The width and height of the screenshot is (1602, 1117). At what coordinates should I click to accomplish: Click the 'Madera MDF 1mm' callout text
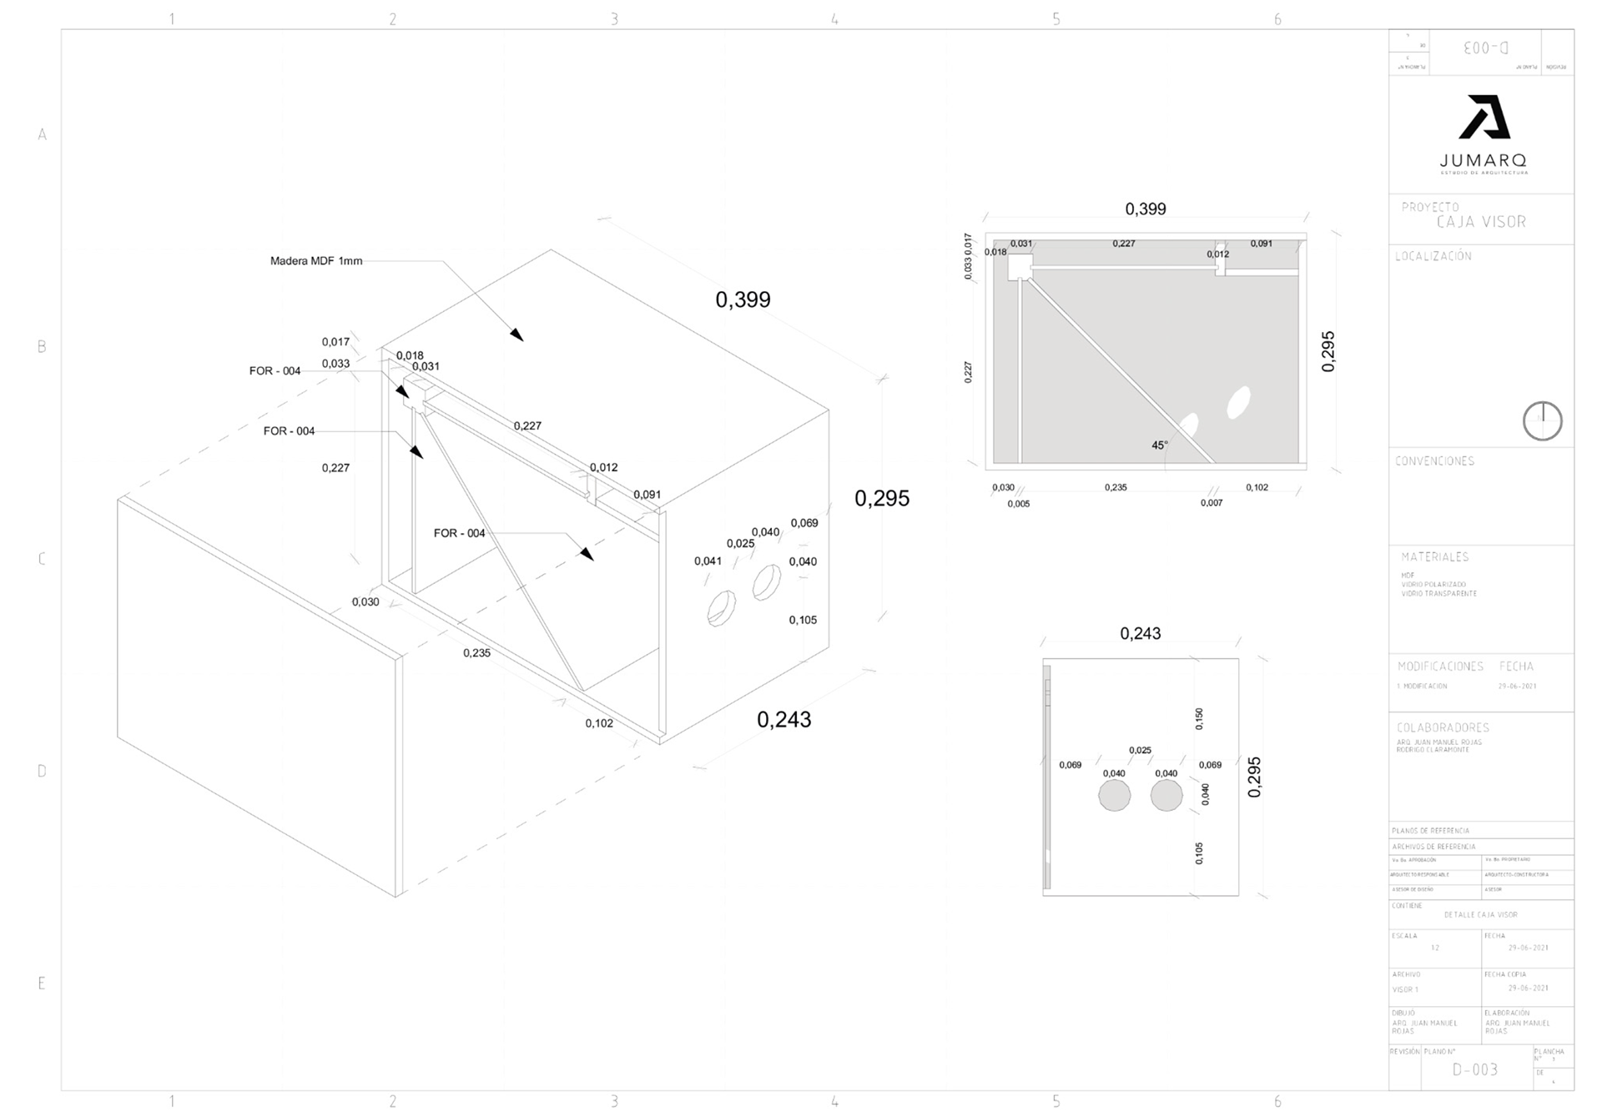point(316,261)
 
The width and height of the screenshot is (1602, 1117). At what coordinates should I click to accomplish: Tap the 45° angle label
point(1160,445)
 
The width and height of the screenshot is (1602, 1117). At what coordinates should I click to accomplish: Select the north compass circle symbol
point(1542,420)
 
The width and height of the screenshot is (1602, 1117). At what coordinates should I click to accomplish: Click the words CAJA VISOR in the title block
point(1481,222)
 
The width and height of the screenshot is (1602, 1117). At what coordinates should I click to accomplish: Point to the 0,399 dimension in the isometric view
point(743,300)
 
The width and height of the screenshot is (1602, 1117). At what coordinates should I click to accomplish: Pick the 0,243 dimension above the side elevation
point(1140,634)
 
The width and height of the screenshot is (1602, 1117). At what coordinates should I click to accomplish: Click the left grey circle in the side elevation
point(1114,796)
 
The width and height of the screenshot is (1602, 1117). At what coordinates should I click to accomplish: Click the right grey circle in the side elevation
point(1166,796)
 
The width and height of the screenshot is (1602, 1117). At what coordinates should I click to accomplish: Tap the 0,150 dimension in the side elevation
point(1199,718)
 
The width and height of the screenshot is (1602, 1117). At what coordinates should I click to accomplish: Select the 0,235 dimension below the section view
point(1116,487)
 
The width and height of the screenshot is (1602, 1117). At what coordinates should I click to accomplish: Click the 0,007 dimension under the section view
point(1212,503)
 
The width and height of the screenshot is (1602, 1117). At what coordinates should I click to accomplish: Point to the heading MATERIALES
point(1434,556)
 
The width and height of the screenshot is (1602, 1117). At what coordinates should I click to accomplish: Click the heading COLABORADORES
point(1443,727)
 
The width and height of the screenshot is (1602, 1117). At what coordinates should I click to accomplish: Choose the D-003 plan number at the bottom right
point(1474,1069)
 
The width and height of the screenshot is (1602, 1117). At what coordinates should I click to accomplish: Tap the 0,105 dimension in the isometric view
point(803,620)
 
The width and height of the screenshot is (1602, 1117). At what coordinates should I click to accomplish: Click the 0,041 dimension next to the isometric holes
point(708,561)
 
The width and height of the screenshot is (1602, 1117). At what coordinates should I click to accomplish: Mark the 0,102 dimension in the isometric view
point(599,723)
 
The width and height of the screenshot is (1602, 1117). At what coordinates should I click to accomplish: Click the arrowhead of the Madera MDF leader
point(518,335)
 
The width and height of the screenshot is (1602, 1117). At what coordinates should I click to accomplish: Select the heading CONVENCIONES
point(1434,460)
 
